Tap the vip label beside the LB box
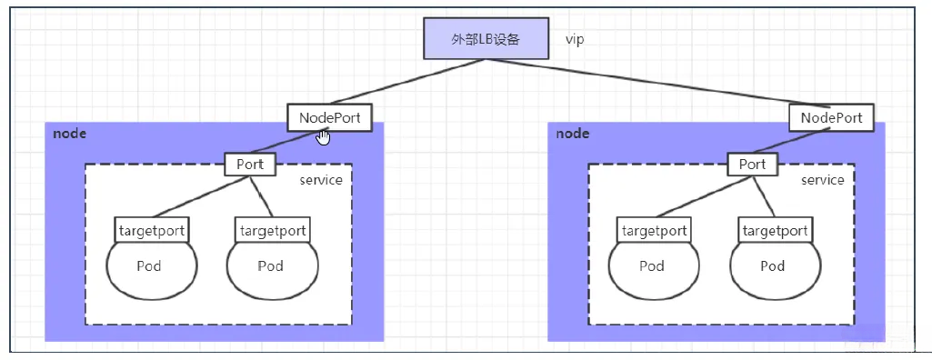(x=575, y=40)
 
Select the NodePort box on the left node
(x=329, y=117)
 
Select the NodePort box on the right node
(x=831, y=117)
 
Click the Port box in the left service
(x=250, y=165)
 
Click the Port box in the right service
(x=752, y=165)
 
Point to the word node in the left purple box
(x=69, y=134)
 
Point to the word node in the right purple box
(x=572, y=134)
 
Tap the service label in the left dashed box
(x=321, y=180)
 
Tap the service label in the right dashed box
(x=822, y=180)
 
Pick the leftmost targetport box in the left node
(x=151, y=230)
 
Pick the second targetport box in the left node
(x=272, y=230)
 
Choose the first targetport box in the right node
(x=653, y=230)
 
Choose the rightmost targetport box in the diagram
(x=774, y=230)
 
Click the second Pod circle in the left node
(x=271, y=266)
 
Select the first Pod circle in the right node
(x=652, y=266)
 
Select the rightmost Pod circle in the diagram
(x=773, y=266)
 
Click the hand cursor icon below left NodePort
(x=324, y=137)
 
